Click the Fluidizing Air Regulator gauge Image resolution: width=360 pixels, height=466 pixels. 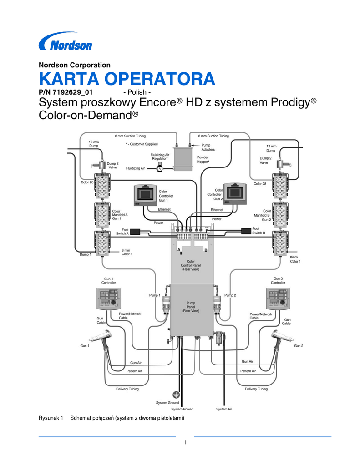160,168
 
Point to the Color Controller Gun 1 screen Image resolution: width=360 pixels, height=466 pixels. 145,193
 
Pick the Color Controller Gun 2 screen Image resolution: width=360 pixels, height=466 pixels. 236,193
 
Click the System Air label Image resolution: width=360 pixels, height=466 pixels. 224,409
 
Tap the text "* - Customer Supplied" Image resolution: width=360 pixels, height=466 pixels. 142,144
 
